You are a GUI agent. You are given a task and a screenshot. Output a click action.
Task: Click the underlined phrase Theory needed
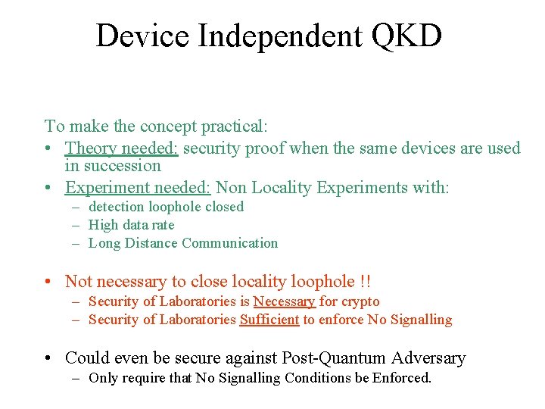[x=122, y=148]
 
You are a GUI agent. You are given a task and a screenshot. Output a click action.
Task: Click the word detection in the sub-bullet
[x=117, y=207]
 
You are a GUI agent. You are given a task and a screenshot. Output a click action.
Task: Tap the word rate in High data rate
[x=163, y=225]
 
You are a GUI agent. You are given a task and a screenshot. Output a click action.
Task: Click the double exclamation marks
[x=366, y=282]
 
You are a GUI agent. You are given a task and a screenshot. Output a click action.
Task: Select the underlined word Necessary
[x=284, y=301]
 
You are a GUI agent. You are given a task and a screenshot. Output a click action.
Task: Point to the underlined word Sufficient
[x=269, y=320]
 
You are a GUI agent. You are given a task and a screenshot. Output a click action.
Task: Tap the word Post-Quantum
[x=346, y=358]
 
